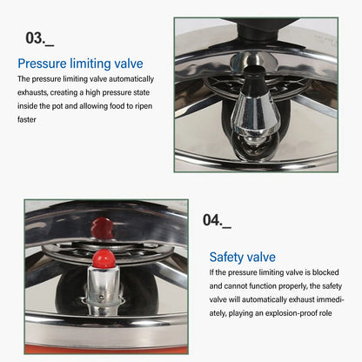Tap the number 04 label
click(x=216, y=220)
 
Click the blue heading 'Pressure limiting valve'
click(x=80, y=64)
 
